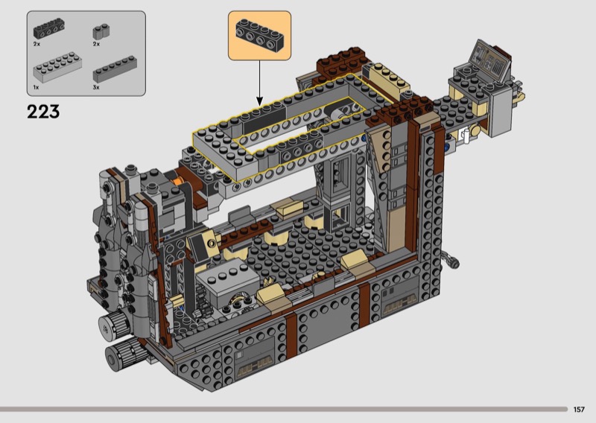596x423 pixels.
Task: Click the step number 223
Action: tap(43, 112)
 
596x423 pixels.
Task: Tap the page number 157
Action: tap(579, 410)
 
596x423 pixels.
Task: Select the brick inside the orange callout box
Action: tap(259, 35)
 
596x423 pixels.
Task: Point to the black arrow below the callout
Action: tap(259, 83)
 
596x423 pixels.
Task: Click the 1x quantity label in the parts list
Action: tap(36, 87)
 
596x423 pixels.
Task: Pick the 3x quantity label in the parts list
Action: tap(96, 87)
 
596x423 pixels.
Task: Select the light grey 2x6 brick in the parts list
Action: tap(57, 67)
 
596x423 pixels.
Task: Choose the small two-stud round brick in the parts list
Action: tap(101, 31)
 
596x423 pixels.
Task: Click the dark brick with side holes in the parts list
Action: tap(48, 28)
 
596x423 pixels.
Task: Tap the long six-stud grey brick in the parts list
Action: tap(115, 69)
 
